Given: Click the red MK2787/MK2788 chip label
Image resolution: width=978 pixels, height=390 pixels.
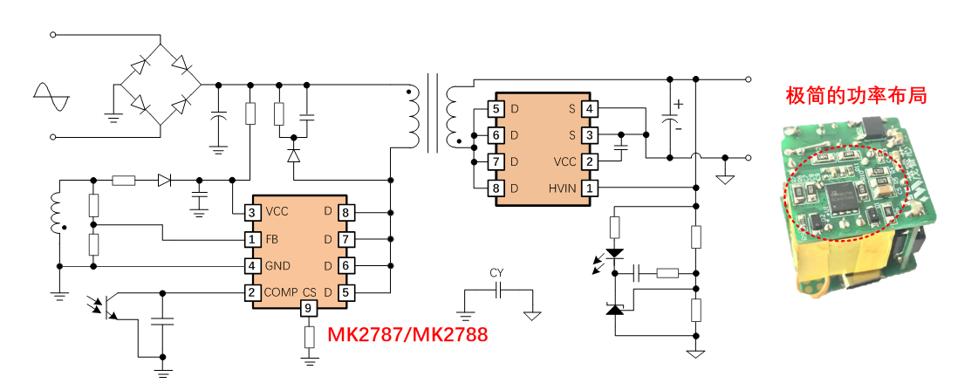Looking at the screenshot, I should pos(407,334).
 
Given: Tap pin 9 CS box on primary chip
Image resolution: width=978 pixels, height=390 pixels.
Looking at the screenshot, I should pos(308,308).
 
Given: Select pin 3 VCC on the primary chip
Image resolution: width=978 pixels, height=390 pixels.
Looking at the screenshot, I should pos(251,212).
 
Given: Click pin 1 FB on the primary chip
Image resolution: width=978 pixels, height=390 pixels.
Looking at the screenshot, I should pos(251,239).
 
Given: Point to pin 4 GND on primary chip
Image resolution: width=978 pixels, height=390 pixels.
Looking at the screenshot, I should pos(251,266).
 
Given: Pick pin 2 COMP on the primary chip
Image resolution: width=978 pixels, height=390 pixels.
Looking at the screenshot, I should pos(251,292).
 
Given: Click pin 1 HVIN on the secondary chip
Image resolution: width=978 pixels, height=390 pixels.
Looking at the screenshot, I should pos(590,188).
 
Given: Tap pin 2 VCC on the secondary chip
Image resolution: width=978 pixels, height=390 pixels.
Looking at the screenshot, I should pos(590,161).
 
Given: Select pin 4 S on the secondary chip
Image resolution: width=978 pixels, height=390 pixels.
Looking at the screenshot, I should pos(590,109).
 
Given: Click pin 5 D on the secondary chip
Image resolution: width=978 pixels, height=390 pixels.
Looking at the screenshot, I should pos(496,109).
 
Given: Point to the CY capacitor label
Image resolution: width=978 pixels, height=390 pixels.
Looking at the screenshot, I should pos(496,273).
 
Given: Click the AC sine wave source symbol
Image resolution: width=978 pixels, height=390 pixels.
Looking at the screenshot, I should pos(51,96).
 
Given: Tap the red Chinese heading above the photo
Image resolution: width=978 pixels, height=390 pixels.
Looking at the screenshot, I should pos(855,95).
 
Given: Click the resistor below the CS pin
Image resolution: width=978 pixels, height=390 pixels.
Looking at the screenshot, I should pos(308,337).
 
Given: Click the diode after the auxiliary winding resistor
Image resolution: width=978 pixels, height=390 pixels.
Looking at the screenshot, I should pos(164,181).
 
